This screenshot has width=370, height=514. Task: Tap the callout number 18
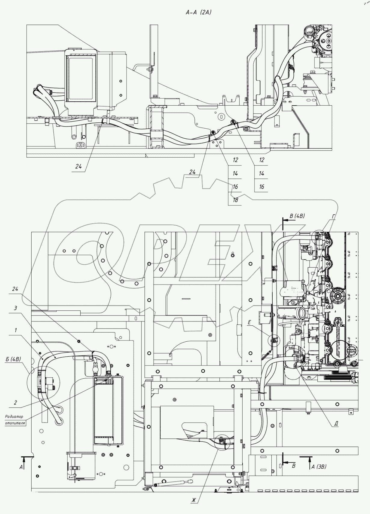(x=235, y=200)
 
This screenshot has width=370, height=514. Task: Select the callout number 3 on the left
(x=15, y=308)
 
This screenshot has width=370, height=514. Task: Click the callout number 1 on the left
(x=15, y=330)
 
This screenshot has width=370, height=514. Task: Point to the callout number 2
(x=15, y=402)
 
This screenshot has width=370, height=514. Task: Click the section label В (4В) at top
(x=297, y=216)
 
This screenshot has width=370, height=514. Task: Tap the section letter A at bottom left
(x=21, y=467)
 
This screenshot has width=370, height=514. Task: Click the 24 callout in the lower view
(x=15, y=289)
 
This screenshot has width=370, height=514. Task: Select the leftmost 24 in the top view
(x=78, y=166)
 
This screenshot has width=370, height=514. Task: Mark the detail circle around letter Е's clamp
(x=273, y=340)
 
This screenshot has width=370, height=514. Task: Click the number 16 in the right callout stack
(x=261, y=187)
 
